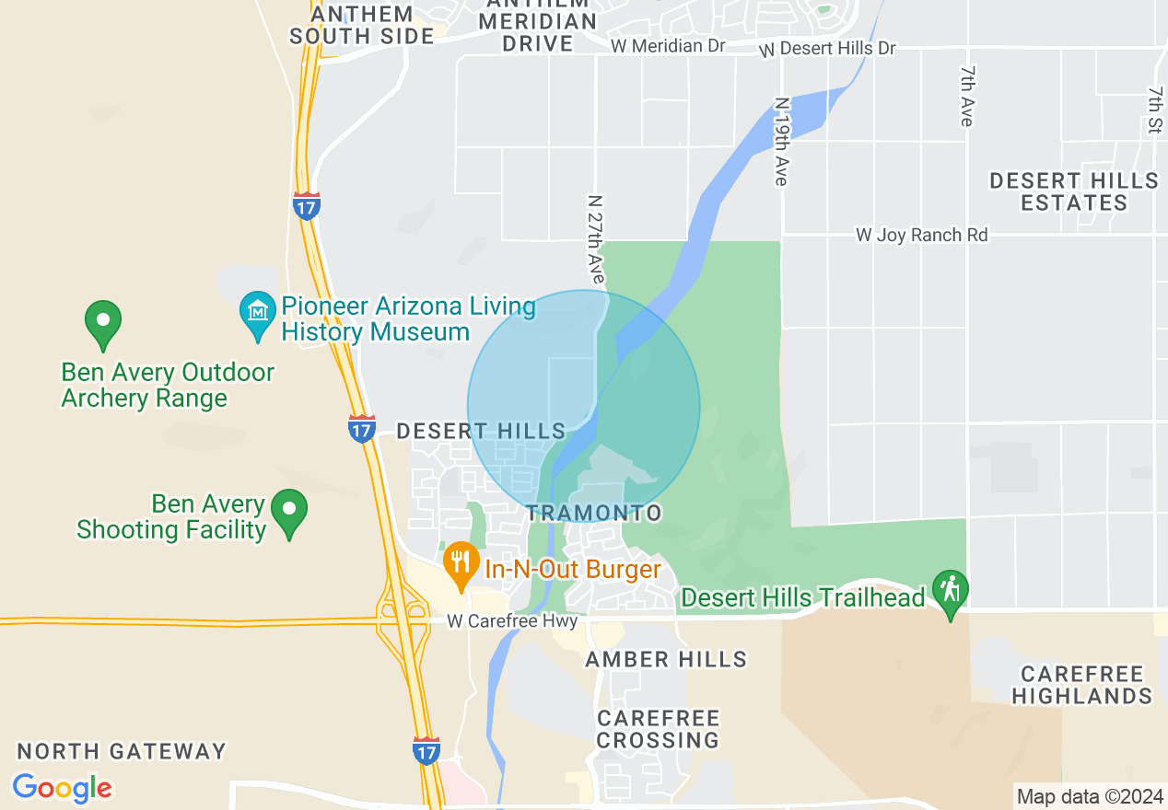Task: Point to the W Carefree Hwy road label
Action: (x=512, y=621)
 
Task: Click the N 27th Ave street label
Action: (x=596, y=237)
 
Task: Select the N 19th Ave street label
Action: (x=781, y=142)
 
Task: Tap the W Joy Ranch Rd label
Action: (x=921, y=236)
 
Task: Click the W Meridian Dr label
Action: (x=668, y=45)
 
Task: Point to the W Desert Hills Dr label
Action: (x=827, y=48)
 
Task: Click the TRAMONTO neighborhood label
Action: (x=594, y=513)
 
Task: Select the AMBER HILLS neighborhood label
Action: (x=666, y=659)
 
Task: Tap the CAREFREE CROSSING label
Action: (x=658, y=729)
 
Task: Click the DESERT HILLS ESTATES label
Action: (x=1074, y=191)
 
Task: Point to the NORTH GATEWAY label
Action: (x=122, y=751)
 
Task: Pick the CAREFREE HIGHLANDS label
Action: (x=1081, y=685)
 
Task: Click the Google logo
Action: (x=62, y=788)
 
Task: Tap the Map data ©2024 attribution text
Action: (x=1089, y=796)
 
